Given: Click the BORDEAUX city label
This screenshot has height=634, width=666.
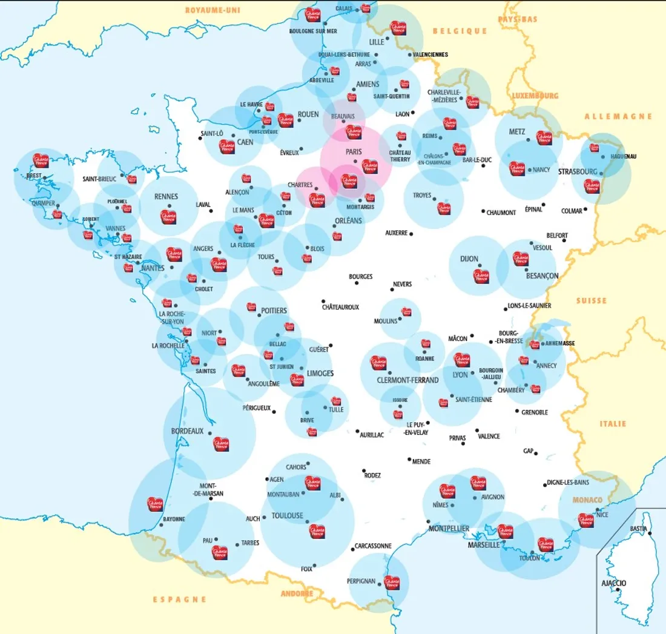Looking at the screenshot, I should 187,431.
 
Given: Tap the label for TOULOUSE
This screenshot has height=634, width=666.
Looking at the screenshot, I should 287,516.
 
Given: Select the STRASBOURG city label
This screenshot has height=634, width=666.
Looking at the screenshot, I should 578,172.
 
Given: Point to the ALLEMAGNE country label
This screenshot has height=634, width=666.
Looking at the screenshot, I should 618,116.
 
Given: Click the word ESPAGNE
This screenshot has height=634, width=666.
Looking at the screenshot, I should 179,599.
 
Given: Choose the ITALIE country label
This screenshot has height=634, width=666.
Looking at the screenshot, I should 613,424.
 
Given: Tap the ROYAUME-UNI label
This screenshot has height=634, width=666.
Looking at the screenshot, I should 213,10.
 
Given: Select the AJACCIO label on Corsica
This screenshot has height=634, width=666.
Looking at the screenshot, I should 614,583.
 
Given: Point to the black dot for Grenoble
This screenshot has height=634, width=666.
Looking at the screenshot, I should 517,411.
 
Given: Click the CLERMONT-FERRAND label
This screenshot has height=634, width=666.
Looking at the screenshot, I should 407,380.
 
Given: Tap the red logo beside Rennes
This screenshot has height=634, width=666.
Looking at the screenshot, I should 168,216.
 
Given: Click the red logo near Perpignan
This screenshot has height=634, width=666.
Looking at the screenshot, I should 392,583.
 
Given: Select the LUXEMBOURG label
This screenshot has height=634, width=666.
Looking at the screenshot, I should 535,96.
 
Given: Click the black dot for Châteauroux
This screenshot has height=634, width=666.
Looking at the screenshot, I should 323,301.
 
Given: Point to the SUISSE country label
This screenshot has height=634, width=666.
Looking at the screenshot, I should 591,301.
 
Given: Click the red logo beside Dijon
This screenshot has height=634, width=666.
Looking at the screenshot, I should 481,276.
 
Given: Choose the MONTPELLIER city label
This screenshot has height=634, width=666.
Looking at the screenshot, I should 449,529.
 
